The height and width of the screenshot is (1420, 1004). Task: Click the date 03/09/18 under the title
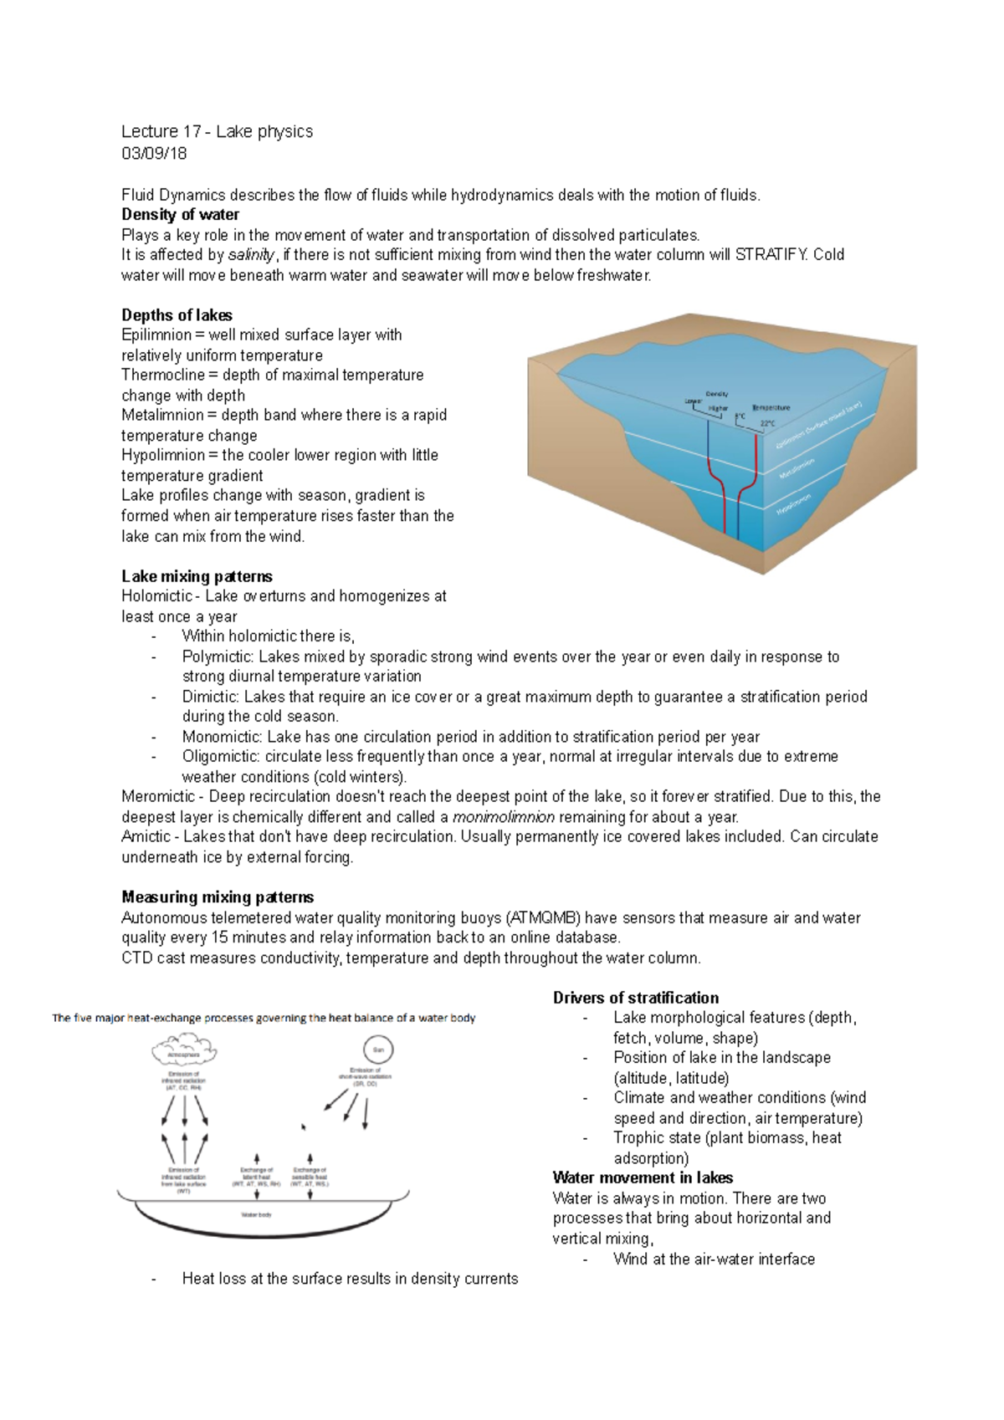tap(154, 153)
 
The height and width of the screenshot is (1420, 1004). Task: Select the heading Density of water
tap(180, 215)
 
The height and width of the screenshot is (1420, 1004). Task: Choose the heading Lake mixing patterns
tap(197, 576)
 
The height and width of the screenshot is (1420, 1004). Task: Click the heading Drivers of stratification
tap(636, 998)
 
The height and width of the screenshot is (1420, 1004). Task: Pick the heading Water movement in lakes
tap(643, 1177)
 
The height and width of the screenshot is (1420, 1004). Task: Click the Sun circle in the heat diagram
tap(378, 1050)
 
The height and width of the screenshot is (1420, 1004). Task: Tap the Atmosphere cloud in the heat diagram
tap(184, 1049)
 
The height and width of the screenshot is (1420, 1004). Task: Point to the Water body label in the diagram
tap(256, 1214)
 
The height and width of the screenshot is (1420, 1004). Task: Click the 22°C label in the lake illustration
tap(767, 424)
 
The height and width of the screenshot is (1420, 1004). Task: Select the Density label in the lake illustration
tap(717, 394)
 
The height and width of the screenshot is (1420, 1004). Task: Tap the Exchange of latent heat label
tap(257, 1177)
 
